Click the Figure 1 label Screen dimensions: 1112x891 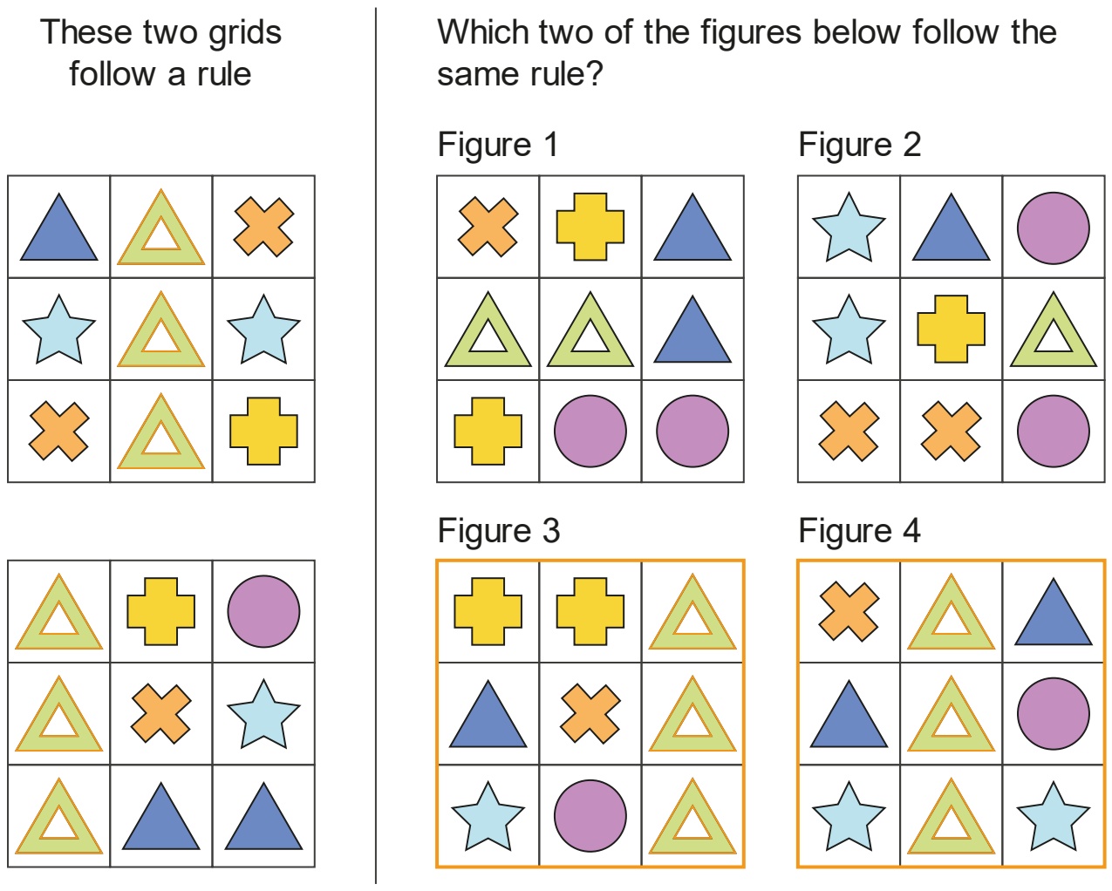(498, 145)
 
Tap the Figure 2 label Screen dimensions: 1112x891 (859, 145)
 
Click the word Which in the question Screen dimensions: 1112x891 (482, 32)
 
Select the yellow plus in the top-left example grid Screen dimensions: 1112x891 (263, 431)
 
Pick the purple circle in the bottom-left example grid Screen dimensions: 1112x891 (263, 611)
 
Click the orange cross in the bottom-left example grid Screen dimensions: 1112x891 (161, 714)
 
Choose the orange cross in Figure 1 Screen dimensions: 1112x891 (488, 226)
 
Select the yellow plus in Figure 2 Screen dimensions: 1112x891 (951, 329)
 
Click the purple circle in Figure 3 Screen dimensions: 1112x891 (590, 816)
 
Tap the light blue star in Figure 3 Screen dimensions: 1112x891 (488, 817)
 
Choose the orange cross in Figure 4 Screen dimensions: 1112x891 (849, 611)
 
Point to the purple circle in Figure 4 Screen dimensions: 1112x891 (1054, 713)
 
